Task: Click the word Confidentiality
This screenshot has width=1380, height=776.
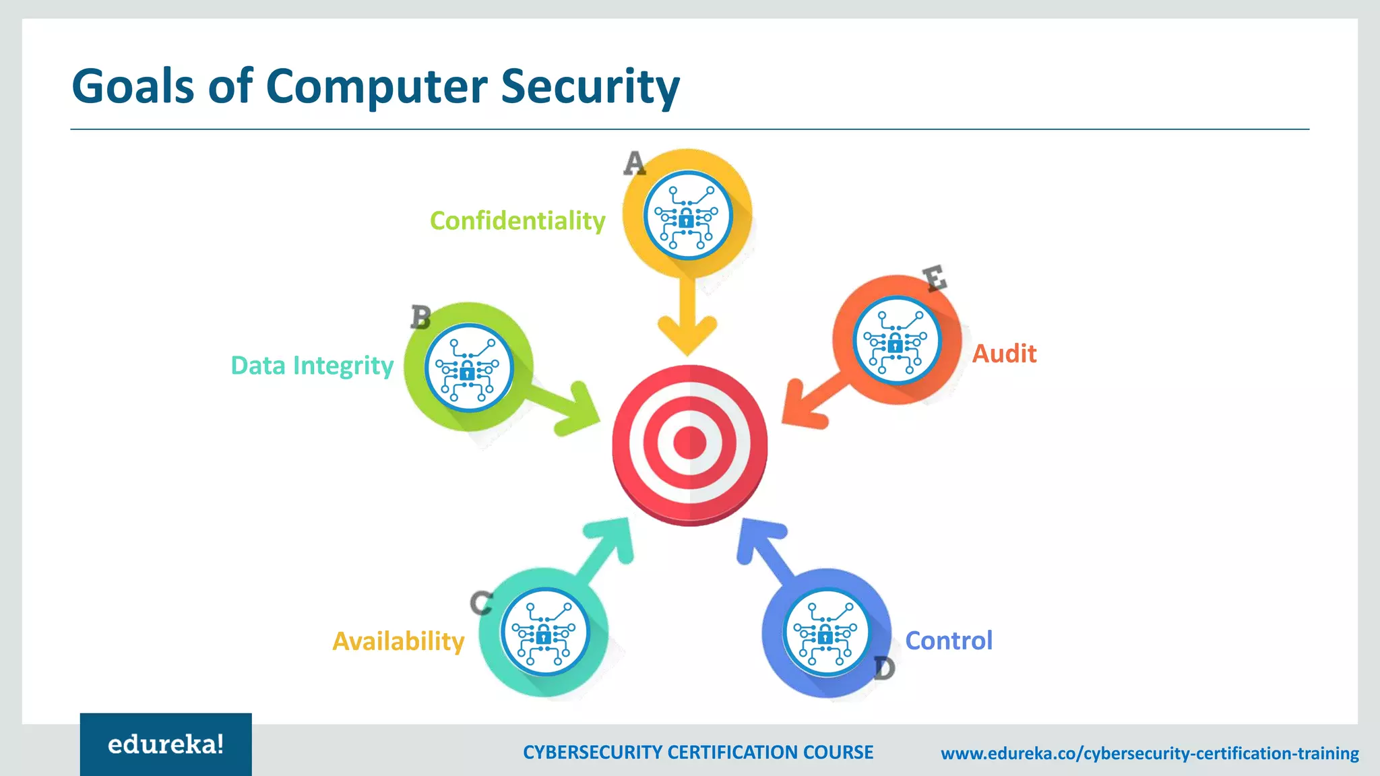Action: [517, 221]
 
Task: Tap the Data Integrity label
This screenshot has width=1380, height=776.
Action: [312, 366]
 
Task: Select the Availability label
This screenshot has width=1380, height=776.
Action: [398, 641]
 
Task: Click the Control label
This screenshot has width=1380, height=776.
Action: [949, 641]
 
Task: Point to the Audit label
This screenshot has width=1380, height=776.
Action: [1004, 354]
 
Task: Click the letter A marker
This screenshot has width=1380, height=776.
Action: [634, 163]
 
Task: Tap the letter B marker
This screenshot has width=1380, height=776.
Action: [421, 317]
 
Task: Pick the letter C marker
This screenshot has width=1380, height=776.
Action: [481, 602]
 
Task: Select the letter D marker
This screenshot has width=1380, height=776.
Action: [884, 668]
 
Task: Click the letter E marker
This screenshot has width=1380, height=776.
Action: [935, 278]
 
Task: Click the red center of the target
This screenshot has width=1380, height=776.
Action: [689, 443]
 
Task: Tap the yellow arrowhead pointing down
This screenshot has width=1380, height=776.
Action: [687, 333]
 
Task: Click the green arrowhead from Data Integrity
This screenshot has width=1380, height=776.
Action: [578, 409]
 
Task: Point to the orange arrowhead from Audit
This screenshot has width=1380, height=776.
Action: [803, 407]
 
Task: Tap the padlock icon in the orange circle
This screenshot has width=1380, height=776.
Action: [896, 345]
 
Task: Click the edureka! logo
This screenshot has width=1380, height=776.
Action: [166, 744]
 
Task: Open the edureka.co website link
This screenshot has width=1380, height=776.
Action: [1150, 753]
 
